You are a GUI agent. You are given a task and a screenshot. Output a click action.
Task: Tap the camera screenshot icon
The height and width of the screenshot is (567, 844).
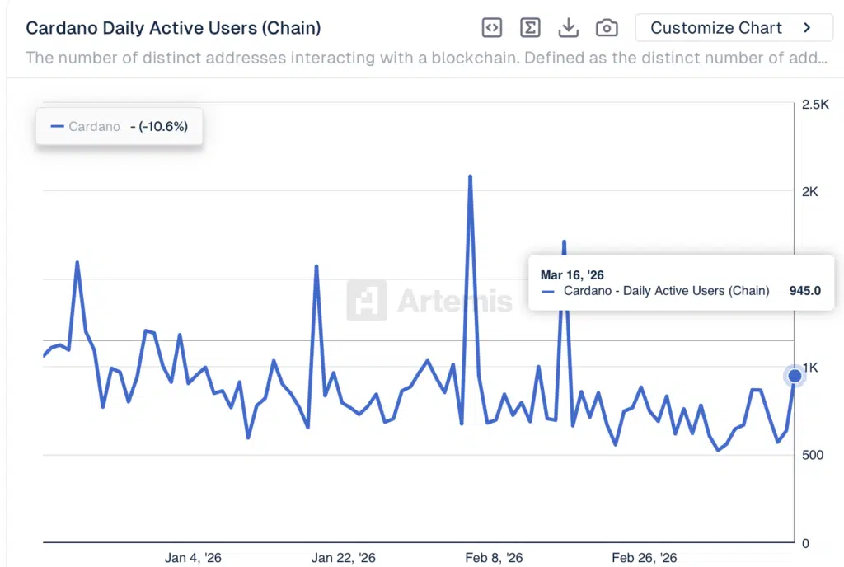tap(607, 28)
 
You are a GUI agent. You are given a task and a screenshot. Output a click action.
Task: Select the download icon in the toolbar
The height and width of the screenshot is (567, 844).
tap(568, 28)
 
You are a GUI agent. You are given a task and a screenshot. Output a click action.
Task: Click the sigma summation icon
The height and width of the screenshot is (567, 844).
tap(530, 28)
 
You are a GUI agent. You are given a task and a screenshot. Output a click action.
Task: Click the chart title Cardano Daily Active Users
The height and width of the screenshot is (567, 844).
tap(173, 28)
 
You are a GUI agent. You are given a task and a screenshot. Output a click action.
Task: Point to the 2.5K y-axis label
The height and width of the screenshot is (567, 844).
tap(815, 105)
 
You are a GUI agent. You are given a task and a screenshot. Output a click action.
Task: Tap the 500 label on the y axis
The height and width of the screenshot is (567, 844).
tap(812, 455)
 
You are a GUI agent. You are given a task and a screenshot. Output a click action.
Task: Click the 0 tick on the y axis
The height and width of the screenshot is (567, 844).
tap(805, 543)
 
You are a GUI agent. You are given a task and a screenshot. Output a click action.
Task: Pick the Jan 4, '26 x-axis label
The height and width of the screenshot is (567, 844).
tap(193, 558)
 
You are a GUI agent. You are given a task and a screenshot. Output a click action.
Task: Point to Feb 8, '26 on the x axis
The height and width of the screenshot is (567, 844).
tap(494, 558)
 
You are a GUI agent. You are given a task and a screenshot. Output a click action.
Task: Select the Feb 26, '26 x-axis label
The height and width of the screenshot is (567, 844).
tap(644, 558)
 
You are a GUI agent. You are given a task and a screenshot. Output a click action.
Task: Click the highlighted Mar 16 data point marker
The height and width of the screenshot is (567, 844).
tap(795, 376)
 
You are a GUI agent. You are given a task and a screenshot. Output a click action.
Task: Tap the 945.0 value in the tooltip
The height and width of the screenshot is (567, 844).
tap(804, 290)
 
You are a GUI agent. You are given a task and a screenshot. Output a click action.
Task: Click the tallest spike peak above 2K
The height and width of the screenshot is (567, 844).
tap(470, 176)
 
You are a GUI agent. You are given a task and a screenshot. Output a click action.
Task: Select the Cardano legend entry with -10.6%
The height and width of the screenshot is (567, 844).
tap(120, 127)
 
